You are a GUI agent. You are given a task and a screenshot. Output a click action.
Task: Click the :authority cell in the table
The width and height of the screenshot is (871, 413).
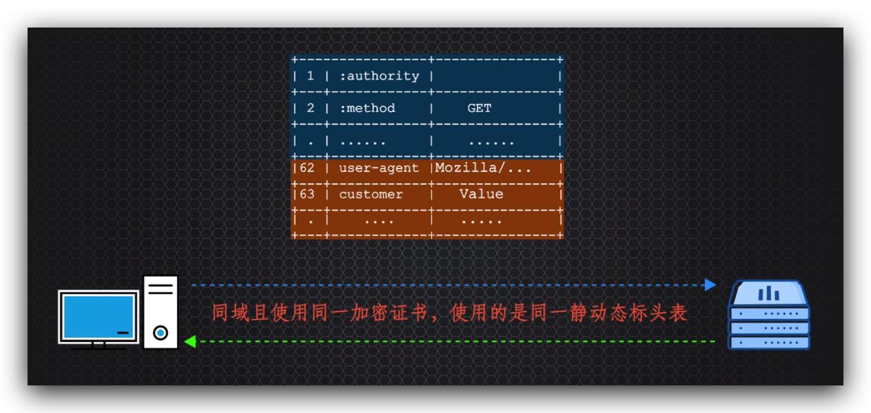pyautogui.click(x=379, y=76)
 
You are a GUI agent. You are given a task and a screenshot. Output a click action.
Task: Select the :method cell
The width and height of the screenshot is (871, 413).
pyautogui.click(x=368, y=108)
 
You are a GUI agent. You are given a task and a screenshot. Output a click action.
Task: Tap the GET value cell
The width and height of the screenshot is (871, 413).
pyautogui.click(x=479, y=108)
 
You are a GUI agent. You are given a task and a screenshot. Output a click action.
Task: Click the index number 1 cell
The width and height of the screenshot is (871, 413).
pyautogui.click(x=309, y=76)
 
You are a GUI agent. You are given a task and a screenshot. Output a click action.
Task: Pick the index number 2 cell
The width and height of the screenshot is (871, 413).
pyautogui.click(x=309, y=108)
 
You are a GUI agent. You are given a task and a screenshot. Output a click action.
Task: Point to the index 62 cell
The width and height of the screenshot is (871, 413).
pyautogui.click(x=307, y=167)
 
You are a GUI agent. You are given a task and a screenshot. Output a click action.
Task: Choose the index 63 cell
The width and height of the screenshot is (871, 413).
pyautogui.click(x=307, y=194)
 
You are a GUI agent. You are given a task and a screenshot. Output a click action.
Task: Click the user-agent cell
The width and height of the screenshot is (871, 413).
pyautogui.click(x=379, y=167)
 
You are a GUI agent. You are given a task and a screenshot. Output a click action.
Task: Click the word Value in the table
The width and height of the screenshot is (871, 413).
pyautogui.click(x=481, y=194)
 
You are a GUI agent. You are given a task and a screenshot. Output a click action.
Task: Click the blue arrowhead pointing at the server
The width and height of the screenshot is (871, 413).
pyautogui.click(x=710, y=284)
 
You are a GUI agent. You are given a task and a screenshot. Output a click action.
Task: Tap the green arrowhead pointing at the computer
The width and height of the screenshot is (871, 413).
pyautogui.click(x=190, y=341)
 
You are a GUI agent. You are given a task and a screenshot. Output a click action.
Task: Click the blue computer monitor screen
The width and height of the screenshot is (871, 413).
pyautogui.click(x=97, y=317)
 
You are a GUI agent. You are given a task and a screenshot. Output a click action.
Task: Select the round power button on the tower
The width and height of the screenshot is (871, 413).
pyautogui.click(x=161, y=333)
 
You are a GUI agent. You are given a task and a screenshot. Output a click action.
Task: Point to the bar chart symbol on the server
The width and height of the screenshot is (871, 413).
pyautogui.click(x=768, y=294)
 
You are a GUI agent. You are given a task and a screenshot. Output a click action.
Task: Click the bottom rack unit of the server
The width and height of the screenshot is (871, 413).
pyautogui.click(x=769, y=341)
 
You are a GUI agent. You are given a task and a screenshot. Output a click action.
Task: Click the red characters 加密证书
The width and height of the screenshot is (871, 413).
pyautogui.click(x=391, y=313)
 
